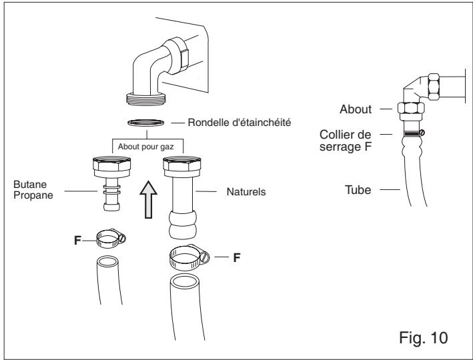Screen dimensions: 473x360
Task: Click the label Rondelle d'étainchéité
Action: [x=240, y=123]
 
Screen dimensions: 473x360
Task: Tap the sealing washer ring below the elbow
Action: [x=146, y=120]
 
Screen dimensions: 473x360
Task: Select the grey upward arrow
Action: [x=148, y=199]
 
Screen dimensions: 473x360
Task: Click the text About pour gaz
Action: [x=145, y=147]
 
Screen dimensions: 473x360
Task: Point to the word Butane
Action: [x=30, y=184]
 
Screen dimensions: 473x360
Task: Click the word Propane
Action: [x=33, y=195]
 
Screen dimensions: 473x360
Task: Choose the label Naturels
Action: [x=246, y=192]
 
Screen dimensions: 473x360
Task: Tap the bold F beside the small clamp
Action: [x=77, y=240]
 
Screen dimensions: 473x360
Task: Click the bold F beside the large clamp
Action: [x=237, y=257]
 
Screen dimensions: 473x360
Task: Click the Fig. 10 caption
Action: [x=424, y=337]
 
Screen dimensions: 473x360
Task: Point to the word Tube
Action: [x=358, y=190]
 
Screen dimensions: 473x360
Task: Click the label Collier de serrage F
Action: [x=346, y=141]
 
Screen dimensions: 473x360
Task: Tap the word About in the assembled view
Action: [x=356, y=109]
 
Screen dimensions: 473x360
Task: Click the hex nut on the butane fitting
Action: [x=112, y=163]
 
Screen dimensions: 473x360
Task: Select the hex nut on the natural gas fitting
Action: [x=182, y=163]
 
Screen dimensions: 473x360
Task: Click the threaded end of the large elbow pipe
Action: [x=146, y=99]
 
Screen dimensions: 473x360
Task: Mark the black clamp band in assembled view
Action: [x=412, y=133]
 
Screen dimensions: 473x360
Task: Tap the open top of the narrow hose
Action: [x=107, y=261]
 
